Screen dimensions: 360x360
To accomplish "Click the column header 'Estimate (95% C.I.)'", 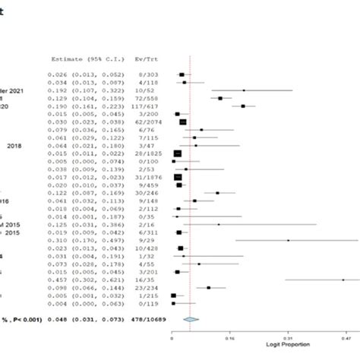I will tap(81, 58).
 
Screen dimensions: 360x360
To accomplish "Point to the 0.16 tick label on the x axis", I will tap(230, 337).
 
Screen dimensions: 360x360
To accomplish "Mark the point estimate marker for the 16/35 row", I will tap(343, 279).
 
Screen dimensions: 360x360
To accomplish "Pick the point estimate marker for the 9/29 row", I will tap(288, 240).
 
